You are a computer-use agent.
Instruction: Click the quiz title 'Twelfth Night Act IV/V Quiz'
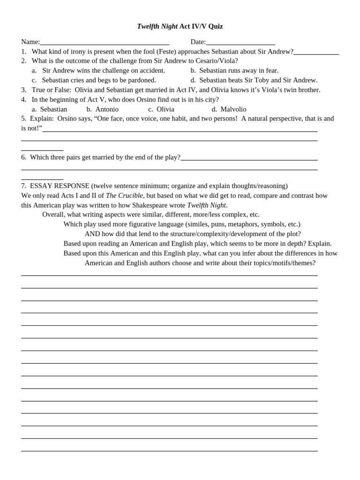tap(180, 27)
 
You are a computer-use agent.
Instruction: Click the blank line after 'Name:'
tap(105, 43)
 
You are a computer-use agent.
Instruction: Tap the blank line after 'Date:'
tap(240, 43)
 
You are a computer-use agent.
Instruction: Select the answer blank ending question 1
tap(316, 53)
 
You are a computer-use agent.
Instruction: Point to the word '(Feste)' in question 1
tap(169, 52)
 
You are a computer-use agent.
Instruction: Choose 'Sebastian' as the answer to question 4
tap(53, 109)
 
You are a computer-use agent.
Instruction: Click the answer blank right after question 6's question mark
tap(249, 158)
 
